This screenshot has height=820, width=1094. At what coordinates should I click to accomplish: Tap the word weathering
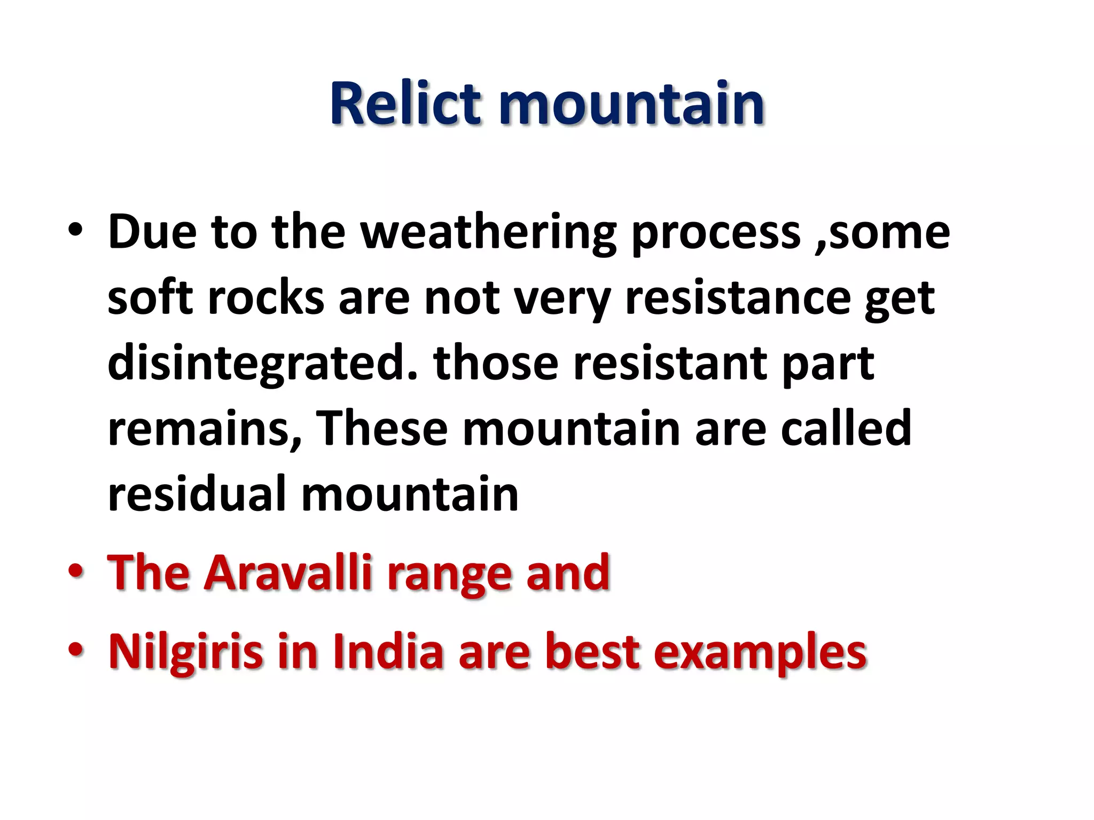click(x=488, y=233)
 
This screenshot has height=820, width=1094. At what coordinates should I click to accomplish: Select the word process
click(x=715, y=233)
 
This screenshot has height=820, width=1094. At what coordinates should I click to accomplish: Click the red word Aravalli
click(x=288, y=573)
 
